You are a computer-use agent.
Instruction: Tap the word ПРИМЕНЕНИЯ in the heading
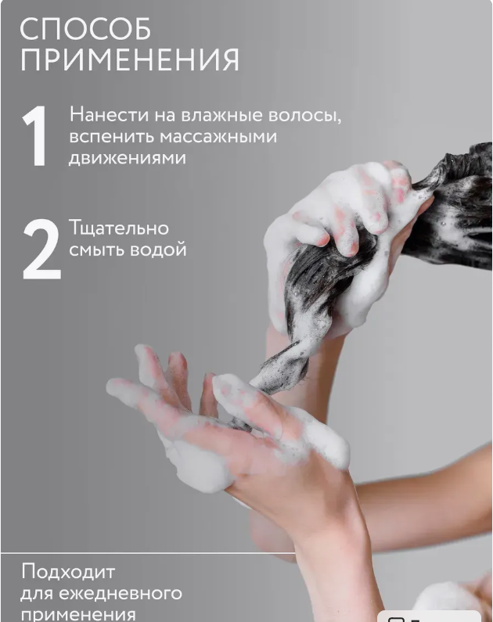point(129,60)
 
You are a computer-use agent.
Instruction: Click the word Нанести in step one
point(103,116)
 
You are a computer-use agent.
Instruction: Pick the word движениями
point(128,157)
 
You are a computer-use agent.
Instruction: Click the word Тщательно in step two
point(119,228)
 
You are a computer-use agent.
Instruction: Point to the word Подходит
point(67,571)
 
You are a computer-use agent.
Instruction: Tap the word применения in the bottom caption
point(77,613)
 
